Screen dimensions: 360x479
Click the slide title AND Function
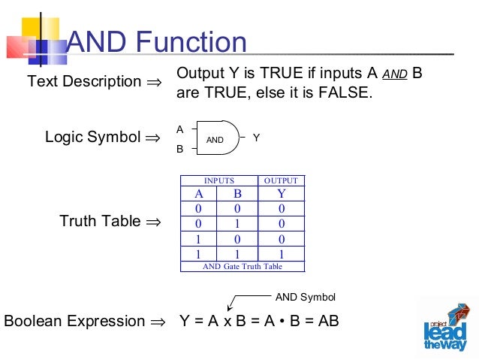tap(157, 43)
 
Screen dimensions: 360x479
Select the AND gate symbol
tap(219, 138)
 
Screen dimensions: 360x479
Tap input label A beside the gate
tap(179, 129)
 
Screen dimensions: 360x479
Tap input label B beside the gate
tap(179, 149)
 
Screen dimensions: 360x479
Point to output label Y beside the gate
tap(257, 138)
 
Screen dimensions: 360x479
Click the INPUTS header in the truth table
tap(219, 180)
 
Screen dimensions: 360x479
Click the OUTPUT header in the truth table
tap(281, 180)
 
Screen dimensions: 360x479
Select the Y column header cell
tap(281, 193)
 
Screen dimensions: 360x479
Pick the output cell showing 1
tap(281, 253)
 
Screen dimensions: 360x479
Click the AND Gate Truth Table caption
tap(242, 266)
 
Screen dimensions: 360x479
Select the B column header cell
tap(238, 193)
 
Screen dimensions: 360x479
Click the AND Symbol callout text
tap(306, 297)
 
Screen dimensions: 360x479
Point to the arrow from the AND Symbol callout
tap(240, 301)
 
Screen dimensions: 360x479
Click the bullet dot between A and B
tap(291, 322)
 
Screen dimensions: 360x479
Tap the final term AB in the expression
tap(328, 321)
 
